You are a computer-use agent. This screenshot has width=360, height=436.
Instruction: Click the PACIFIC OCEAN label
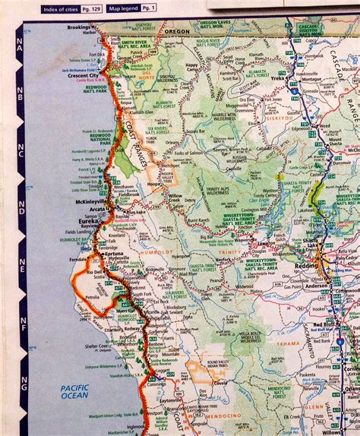pyautogui.click(x=75, y=391)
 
